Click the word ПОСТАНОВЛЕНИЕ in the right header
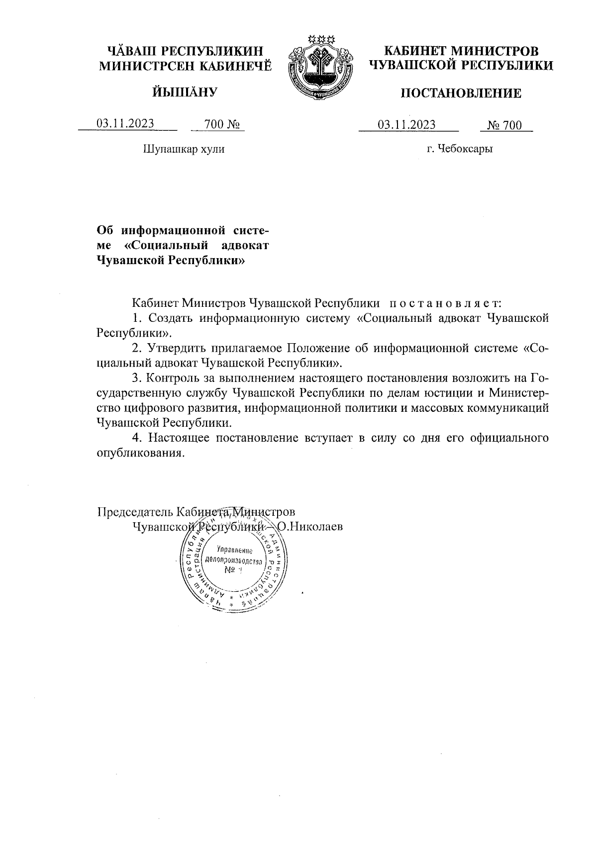tap(461, 93)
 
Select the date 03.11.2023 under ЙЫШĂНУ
tap(125, 124)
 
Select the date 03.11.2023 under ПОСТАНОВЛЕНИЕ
tap(406, 124)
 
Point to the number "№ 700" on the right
tap(504, 125)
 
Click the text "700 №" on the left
tap(219, 124)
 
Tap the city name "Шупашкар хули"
tap(184, 149)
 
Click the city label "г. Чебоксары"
tap(460, 149)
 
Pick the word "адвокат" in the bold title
tap(243, 245)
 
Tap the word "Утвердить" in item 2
tap(179, 348)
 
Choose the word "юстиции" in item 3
tap(447, 393)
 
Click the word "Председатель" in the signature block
tap(130, 512)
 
